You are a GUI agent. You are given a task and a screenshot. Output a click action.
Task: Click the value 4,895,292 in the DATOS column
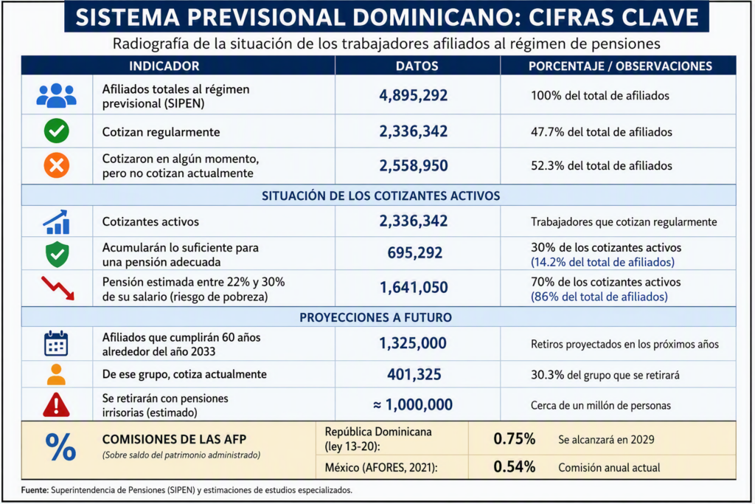tap(413, 95)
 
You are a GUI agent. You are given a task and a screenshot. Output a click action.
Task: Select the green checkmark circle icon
tap(56, 131)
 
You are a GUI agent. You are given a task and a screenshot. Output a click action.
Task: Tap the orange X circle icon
tap(56, 165)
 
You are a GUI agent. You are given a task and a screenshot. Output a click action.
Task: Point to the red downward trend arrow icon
tap(58, 288)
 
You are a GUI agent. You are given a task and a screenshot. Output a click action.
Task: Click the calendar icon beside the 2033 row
tap(56, 344)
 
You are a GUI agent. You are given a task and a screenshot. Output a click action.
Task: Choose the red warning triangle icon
tap(56, 404)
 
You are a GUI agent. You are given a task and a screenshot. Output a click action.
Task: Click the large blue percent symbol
tap(60, 446)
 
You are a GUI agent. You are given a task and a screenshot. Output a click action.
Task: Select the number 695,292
tap(414, 253)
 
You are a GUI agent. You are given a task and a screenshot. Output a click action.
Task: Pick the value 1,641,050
tap(414, 288)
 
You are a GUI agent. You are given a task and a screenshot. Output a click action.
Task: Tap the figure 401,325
tap(414, 374)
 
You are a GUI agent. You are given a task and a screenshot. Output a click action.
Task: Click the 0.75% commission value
tap(514, 438)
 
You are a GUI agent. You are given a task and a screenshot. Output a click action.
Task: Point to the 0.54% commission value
tap(514, 466)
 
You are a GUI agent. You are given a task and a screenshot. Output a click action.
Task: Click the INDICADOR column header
tap(164, 66)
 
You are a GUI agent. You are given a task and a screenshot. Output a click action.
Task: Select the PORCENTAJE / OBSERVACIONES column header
tap(620, 66)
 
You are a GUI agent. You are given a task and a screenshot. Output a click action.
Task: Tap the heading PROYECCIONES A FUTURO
tap(375, 317)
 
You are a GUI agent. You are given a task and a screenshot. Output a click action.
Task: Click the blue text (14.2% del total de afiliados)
tap(602, 262)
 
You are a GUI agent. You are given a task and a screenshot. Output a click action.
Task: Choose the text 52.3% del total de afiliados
tap(602, 166)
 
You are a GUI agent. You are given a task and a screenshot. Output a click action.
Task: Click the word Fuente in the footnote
tap(34, 490)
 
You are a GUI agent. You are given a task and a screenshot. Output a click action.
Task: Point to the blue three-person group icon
tap(56, 95)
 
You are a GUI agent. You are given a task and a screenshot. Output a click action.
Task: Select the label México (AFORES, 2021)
tap(381, 467)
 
